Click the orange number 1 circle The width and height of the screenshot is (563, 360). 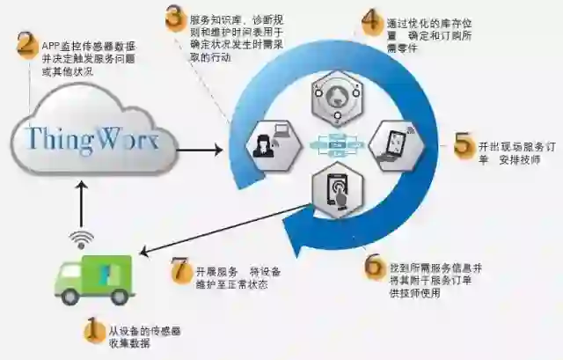pyautogui.click(x=93, y=331)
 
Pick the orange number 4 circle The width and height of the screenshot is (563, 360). pyautogui.click(x=373, y=22)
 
